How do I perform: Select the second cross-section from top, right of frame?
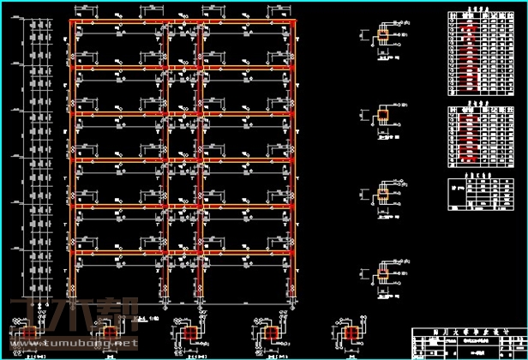[383, 115]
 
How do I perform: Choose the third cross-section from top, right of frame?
[383, 192]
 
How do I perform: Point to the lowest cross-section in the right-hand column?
[383, 269]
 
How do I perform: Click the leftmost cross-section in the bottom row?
[31, 333]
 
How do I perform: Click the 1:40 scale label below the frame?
[155, 319]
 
